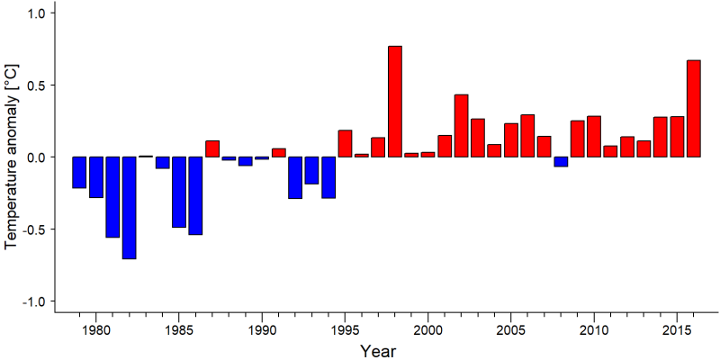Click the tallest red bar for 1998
click(395, 102)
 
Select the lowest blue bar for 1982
click(129, 208)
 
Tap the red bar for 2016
click(694, 108)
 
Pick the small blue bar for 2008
click(561, 162)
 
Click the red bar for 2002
click(462, 126)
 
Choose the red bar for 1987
click(212, 148)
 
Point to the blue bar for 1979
click(79, 173)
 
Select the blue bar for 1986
click(195, 195)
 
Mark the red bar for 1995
click(346, 144)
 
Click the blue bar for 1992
click(295, 177)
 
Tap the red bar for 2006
click(527, 136)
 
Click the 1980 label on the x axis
click(96, 330)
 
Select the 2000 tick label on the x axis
click(428, 330)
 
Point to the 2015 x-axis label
click(677, 330)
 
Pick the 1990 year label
click(262, 330)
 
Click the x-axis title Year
click(378, 351)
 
